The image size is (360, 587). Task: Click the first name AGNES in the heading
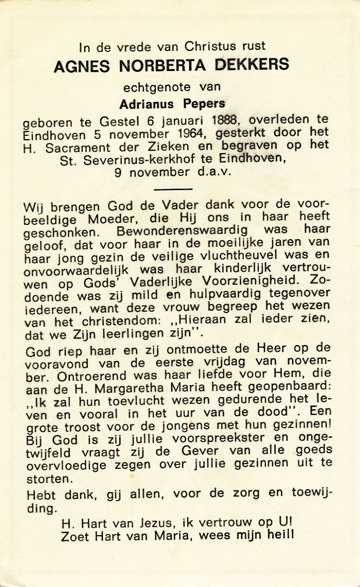click(x=84, y=65)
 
